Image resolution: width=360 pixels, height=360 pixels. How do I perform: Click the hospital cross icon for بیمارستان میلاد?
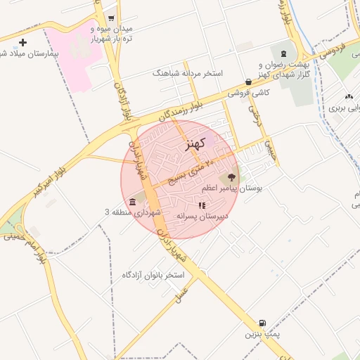point(22,43)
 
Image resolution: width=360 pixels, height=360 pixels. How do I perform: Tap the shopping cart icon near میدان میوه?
point(111,19)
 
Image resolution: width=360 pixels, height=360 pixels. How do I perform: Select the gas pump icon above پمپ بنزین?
point(262,323)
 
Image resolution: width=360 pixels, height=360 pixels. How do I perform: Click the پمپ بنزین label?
point(262,335)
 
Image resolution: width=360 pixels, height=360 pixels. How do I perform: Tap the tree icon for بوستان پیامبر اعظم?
point(231,178)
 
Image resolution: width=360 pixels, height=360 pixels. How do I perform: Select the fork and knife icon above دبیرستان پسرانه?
point(202,206)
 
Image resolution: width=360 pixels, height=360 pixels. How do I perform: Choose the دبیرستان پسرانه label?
point(202,217)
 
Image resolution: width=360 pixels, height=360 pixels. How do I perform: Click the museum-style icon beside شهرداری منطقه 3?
point(134,202)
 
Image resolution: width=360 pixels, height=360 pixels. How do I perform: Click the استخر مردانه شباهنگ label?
point(187,72)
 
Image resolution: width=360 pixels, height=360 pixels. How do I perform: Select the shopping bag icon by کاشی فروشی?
point(249,82)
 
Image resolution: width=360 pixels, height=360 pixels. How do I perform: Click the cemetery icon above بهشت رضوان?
point(284,53)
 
